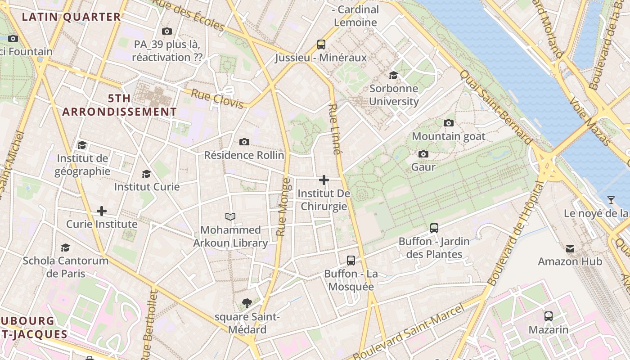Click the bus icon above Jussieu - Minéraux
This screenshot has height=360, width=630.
point(321,45)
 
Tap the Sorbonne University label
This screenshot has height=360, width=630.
point(394,95)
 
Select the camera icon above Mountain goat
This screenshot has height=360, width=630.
point(448,123)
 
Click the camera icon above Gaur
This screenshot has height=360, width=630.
point(423,154)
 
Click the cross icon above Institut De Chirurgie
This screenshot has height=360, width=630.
point(324,180)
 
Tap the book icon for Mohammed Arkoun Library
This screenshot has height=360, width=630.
point(230,216)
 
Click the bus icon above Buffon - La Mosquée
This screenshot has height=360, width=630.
point(351,260)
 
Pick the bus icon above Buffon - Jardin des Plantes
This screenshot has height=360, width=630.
point(434,228)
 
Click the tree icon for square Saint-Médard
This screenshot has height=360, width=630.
point(247,303)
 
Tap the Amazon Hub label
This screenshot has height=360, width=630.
point(570,261)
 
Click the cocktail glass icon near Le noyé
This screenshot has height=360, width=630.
point(611,200)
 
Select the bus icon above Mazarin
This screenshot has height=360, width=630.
point(548,316)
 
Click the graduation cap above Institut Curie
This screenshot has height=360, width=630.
point(146,174)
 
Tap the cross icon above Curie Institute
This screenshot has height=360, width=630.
point(102,211)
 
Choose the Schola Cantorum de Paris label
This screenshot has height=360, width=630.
point(66,267)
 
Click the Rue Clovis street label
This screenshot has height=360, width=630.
point(217,99)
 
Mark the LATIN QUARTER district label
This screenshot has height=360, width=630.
point(72,17)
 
